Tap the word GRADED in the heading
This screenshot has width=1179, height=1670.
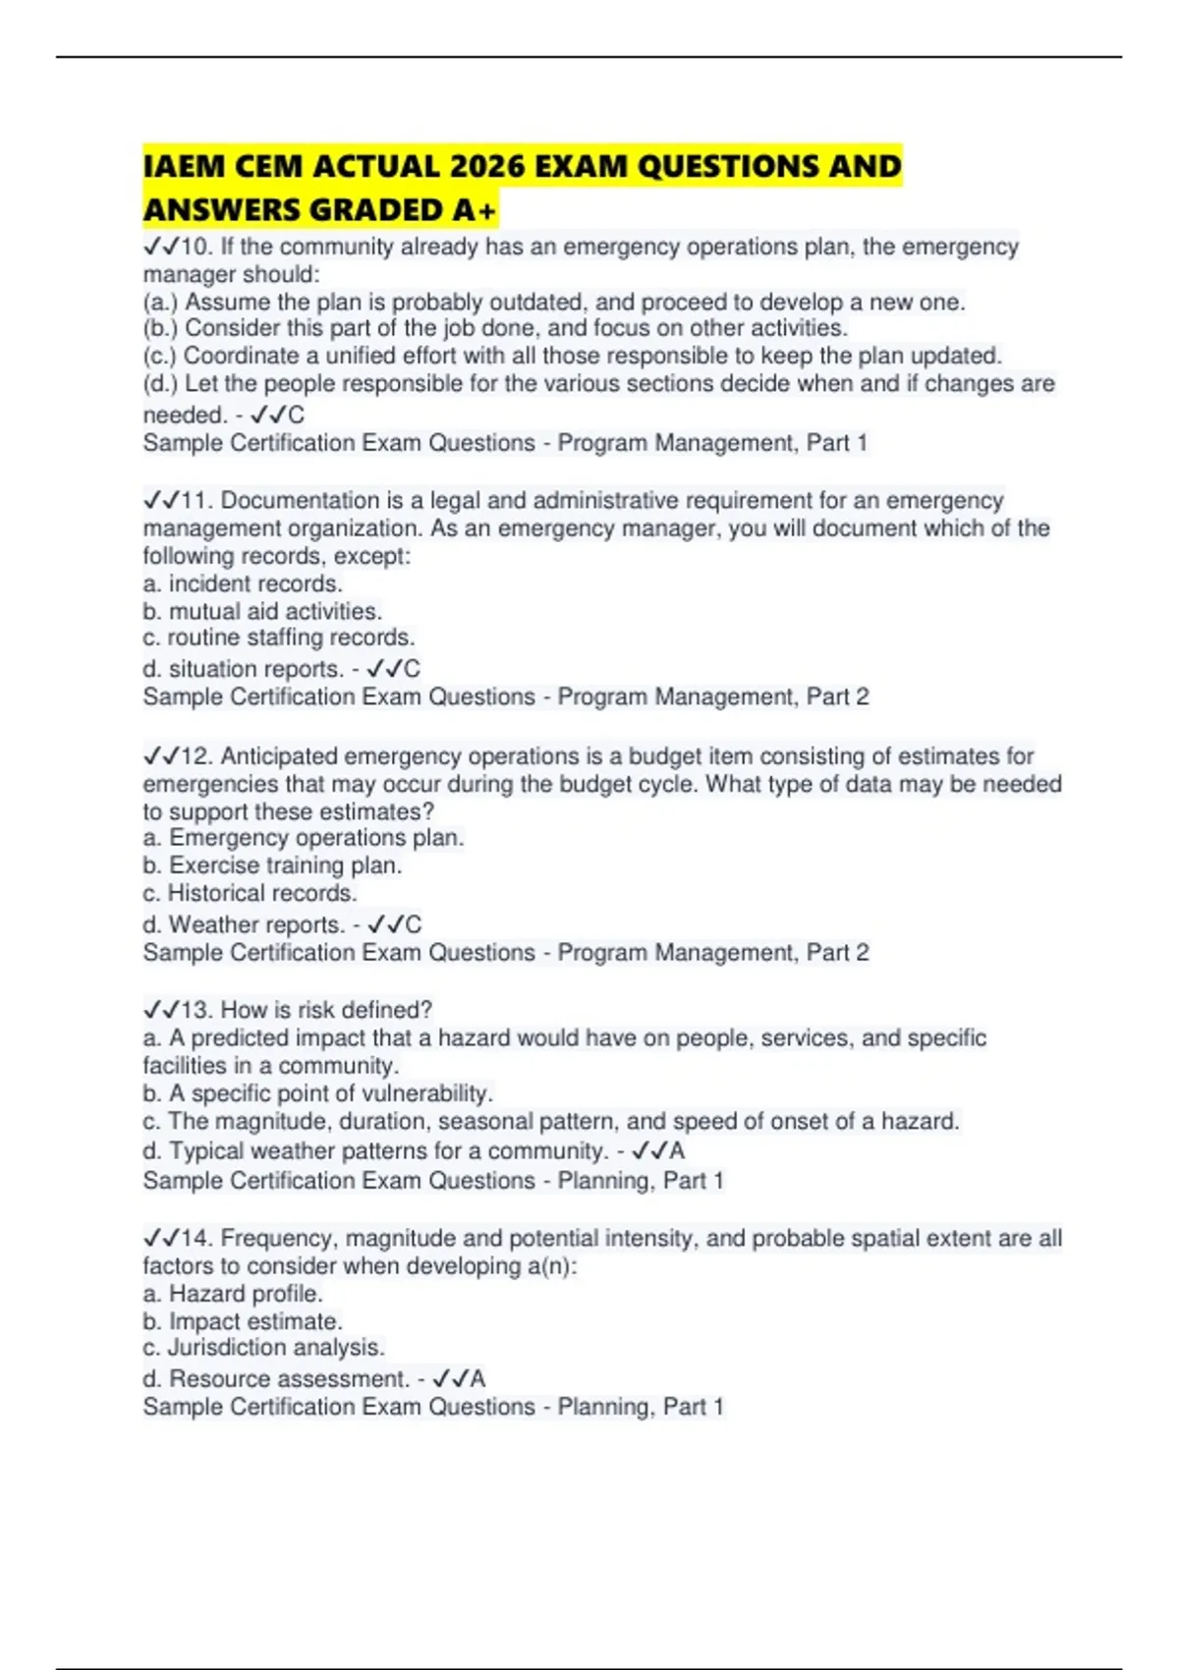click(x=380, y=210)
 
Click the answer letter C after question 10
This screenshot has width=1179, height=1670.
click(x=296, y=415)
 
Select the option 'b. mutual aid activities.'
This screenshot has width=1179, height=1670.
click(x=262, y=611)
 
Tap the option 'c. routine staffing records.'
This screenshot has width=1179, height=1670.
click(x=279, y=638)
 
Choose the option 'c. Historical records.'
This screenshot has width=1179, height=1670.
click(x=250, y=893)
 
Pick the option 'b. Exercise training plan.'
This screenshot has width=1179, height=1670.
click(x=272, y=865)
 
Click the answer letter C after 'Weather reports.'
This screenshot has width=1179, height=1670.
click(x=414, y=924)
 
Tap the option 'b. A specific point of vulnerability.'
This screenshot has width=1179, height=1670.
click(x=317, y=1093)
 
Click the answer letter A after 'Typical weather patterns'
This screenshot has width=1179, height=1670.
click(x=677, y=1150)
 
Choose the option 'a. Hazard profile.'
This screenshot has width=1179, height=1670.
click(x=233, y=1294)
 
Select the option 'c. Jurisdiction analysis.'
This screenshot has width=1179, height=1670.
click(x=263, y=1347)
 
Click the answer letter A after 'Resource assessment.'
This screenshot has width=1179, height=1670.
click(x=477, y=1378)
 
